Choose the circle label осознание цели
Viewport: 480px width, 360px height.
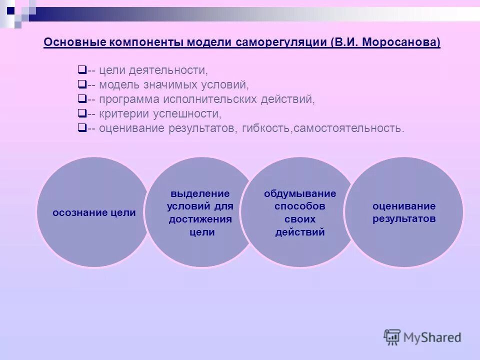tap(94, 212)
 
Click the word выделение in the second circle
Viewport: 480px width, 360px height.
tap(200, 193)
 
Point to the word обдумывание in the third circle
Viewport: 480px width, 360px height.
tap(300, 193)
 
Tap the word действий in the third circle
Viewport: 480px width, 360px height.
tap(300, 232)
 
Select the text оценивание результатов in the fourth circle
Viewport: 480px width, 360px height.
tap(404, 212)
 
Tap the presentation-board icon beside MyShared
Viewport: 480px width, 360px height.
tap(392, 337)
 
